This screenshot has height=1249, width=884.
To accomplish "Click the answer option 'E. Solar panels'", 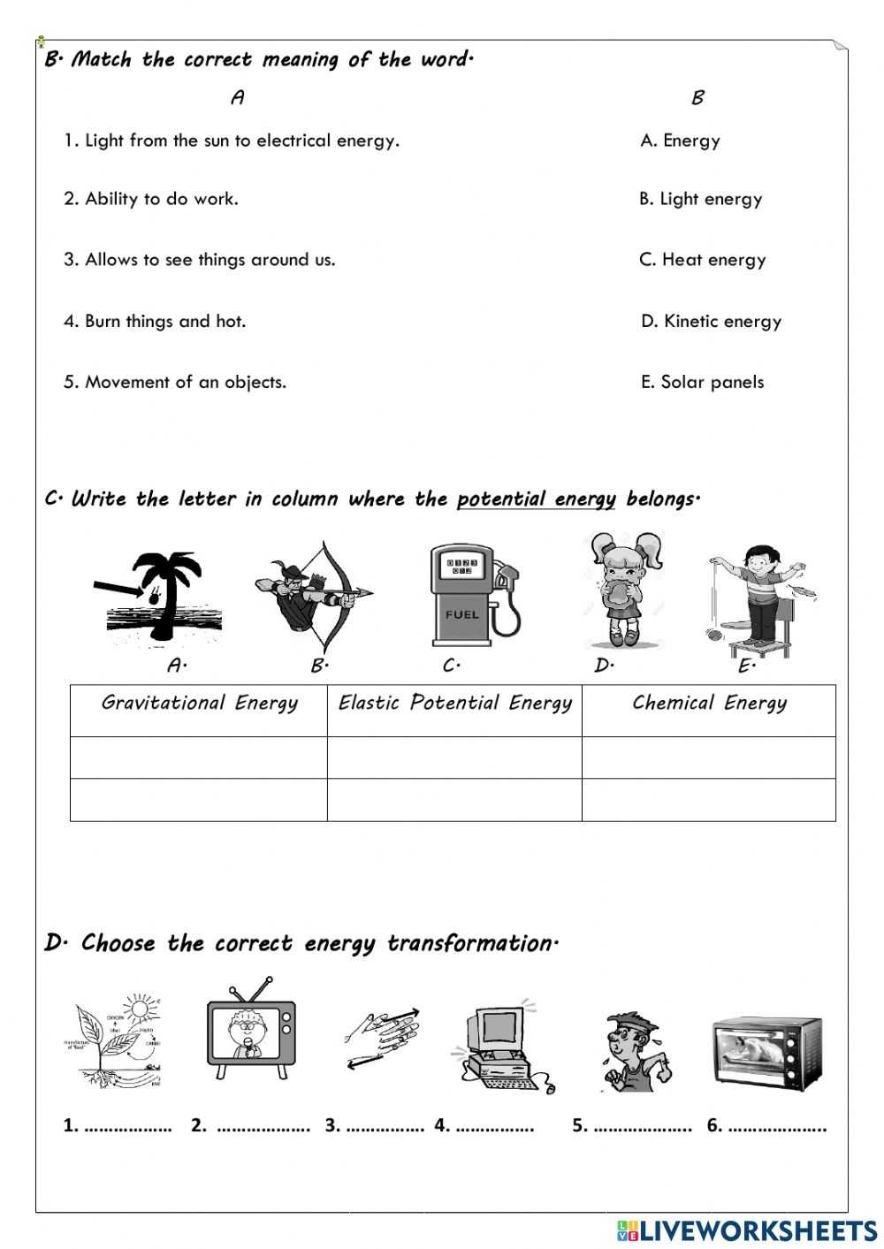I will (702, 383).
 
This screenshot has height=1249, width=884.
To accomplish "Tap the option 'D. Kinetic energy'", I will (711, 322).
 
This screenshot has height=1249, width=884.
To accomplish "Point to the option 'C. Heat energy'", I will (702, 260).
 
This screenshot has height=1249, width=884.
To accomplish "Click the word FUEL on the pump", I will (462, 614).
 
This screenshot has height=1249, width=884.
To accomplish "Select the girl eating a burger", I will (625, 590).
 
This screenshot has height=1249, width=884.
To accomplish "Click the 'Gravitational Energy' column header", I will (199, 704).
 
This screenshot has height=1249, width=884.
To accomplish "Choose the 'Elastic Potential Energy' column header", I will (454, 704).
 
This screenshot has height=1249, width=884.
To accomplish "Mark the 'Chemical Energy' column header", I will (709, 704).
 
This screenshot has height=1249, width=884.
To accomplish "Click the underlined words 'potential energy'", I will (536, 499).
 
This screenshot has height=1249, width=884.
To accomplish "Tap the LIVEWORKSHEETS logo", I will (747, 1229).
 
